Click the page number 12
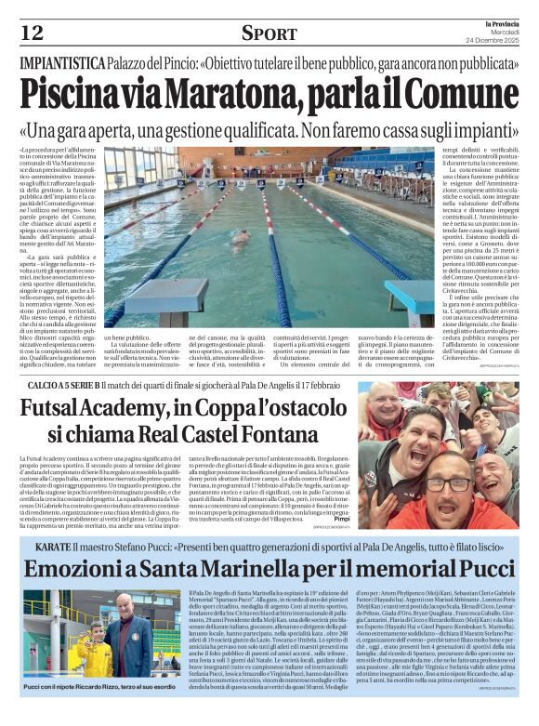(32, 33)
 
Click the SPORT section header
(269, 33)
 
